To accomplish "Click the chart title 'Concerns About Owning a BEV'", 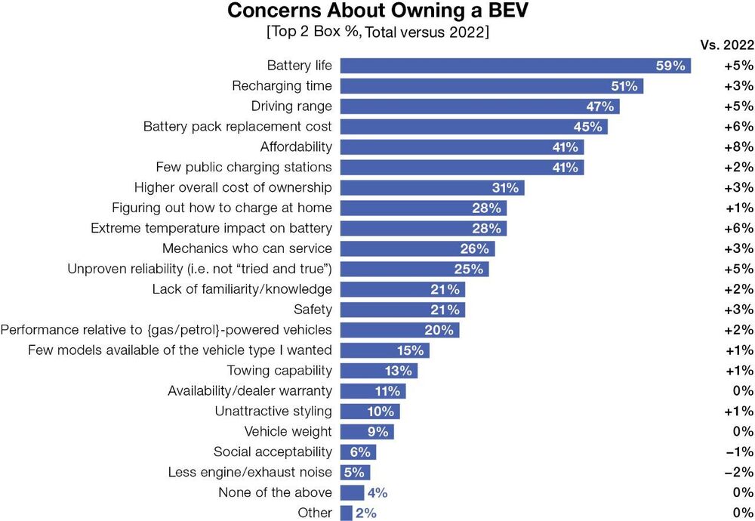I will click(377, 13).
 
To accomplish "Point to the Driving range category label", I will click(291, 106).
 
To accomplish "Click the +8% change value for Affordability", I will click(738, 146).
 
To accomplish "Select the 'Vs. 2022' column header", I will click(727, 45).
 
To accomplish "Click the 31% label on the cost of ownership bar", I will click(506, 187).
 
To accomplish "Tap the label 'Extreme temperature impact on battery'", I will click(211, 228).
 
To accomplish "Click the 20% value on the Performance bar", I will click(439, 330).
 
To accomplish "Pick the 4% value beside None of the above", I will click(377, 493).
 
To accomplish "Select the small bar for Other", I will click(347, 513).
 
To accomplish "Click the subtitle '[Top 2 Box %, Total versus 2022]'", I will click(377, 33).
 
